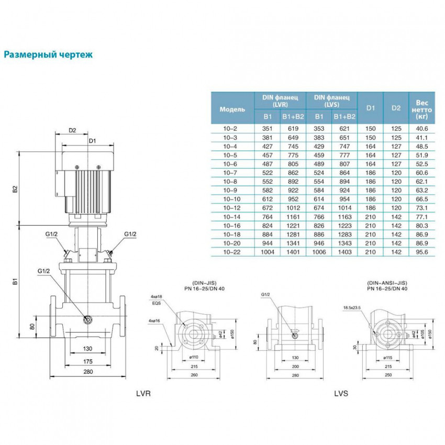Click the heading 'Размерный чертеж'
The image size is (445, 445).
point(48,54)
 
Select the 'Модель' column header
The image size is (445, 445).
point(232,109)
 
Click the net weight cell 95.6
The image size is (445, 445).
point(422,252)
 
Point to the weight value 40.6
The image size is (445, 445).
point(422,128)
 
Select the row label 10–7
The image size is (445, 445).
point(232,172)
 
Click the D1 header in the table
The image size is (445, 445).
point(371,108)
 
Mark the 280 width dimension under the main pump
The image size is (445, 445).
point(87,372)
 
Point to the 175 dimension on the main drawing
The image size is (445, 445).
point(87,361)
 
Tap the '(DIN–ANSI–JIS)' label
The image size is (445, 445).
point(388,282)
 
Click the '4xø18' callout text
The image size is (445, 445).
point(156,296)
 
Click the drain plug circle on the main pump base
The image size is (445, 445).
point(87,319)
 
